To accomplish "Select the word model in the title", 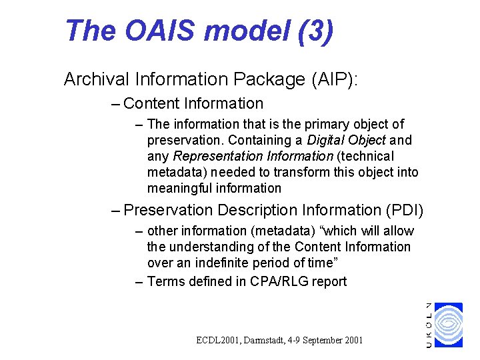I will click(x=242, y=31).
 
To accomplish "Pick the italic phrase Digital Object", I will click(x=346, y=140).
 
